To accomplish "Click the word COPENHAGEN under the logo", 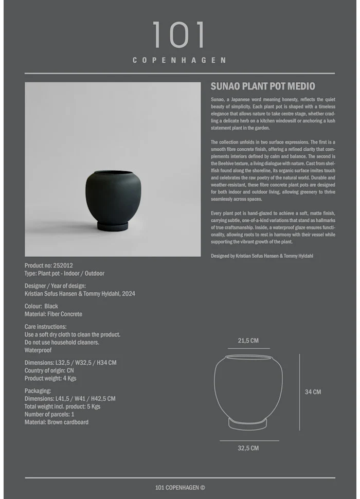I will click(179, 60).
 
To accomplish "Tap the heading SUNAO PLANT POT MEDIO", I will click(262, 86).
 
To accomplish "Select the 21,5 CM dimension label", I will click(248, 341).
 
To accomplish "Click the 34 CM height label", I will click(313, 392).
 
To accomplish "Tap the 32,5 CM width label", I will click(248, 448).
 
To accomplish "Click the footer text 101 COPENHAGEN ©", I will click(180, 488).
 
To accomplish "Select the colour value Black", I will click(51, 306).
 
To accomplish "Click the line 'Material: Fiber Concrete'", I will click(53, 314).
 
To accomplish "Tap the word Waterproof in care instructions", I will click(38, 350).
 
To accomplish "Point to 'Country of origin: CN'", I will click(49, 370).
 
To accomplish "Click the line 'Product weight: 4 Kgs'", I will click(50, 378).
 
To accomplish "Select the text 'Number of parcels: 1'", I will click(49, 414).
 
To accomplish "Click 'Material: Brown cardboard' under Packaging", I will click(57, 422).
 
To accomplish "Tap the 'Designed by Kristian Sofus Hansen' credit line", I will click(262, 256).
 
